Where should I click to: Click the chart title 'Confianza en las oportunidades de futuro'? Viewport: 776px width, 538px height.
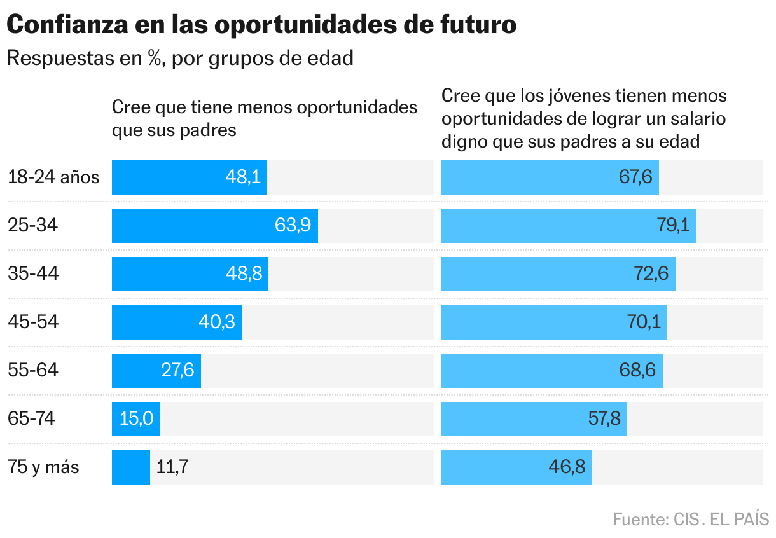(261, 25)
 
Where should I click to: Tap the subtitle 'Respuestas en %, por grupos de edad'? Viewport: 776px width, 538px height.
(179, 58)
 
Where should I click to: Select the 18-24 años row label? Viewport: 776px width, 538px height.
(54, 177)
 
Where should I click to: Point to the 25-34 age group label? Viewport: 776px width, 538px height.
(33, 225)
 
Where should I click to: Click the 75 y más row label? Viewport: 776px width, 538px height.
(44, 467)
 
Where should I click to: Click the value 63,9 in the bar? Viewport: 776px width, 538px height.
(293, 226)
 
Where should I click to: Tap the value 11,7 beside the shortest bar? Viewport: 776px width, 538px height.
(172, 467)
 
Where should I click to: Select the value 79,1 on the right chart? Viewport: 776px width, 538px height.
(673, 226)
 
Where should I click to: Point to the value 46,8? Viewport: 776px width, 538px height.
(567, 467)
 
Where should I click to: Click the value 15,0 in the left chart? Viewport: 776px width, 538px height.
(137, 419)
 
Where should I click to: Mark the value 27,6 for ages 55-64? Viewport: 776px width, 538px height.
(177, 371)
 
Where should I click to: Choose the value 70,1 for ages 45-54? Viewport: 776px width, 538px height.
(644, 322)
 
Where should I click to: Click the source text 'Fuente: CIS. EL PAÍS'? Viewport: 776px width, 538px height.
(691, 519)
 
